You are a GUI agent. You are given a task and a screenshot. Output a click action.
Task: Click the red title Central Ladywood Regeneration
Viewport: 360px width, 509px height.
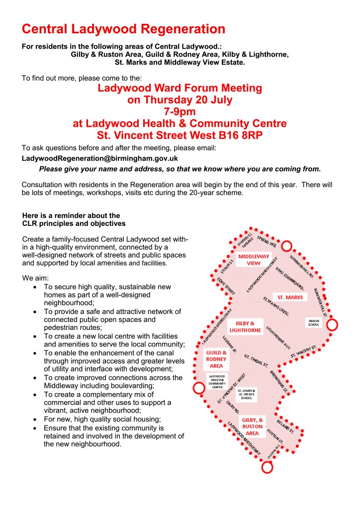coord(123,28)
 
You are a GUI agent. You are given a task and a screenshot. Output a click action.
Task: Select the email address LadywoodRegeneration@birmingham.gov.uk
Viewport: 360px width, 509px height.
coord(99,158)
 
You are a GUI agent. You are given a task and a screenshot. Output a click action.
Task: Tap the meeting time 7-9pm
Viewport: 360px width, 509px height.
coord(180,111)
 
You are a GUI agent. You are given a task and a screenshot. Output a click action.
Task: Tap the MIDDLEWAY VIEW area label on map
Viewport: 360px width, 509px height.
coord(254,259)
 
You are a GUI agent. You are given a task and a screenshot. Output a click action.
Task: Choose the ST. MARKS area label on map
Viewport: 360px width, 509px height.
coord(291,297)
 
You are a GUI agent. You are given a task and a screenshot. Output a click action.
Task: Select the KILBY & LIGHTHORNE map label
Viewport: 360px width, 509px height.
coord(245,326)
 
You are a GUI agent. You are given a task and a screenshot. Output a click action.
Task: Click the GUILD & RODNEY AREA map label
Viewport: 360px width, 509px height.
coord(216,359)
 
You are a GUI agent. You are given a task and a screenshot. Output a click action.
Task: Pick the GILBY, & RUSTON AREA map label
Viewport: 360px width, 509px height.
coord(253,426)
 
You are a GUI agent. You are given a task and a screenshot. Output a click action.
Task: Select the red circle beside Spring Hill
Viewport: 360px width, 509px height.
coord(286,245)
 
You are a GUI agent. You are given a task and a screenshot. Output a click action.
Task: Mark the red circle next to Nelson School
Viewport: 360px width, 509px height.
coord(332,325)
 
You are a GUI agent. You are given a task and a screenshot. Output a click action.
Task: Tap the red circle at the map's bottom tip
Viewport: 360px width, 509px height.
coord(268,467)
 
